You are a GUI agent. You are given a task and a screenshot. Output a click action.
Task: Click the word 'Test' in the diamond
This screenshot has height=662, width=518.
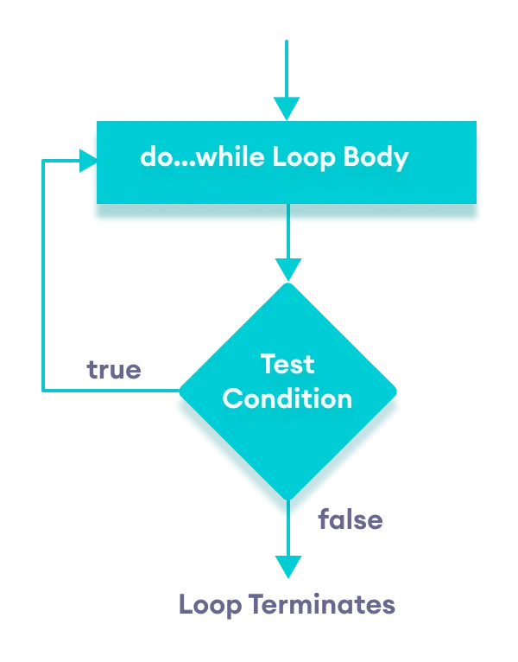(287, 363)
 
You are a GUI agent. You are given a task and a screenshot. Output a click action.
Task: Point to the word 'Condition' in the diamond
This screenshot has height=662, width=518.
(287, 398)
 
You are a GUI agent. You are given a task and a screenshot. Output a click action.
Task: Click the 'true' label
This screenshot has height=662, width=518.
(114, 370)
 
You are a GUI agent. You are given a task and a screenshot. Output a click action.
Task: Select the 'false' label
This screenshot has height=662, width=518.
(350, 519)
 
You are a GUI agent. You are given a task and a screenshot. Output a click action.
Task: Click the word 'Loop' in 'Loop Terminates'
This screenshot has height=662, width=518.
(210, 604)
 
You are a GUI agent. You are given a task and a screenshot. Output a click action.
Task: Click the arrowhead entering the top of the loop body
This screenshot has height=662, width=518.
(287, 109)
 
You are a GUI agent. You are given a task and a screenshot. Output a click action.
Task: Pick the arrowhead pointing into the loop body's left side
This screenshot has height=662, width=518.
(86, 160)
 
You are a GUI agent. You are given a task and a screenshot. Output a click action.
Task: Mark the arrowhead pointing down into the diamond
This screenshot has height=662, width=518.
(287, 271)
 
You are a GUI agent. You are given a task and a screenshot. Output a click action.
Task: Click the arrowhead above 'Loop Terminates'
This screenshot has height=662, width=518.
(287, 567)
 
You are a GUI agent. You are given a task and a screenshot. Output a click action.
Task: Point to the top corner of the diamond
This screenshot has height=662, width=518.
(287, 284)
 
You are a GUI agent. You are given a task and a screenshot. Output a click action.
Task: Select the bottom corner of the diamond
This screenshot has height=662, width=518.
(287, 500)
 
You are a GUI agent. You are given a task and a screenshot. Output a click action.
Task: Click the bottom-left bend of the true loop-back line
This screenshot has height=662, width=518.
(43, 391)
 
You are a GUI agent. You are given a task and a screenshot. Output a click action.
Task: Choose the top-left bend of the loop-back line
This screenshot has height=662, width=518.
(43, 160)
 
